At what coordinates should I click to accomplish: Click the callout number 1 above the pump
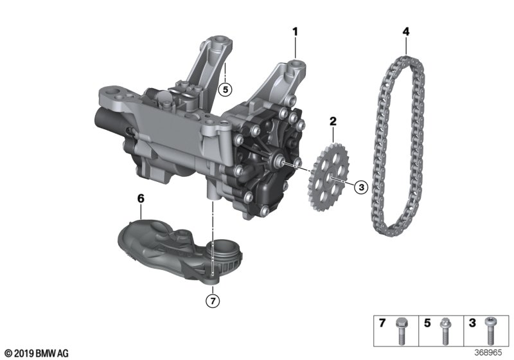tap(295, 32)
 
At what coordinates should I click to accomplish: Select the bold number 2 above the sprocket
tap(333, 122)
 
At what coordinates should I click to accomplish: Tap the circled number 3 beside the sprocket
tap(361, 187)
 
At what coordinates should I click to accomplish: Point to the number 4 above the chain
tap(406, 32)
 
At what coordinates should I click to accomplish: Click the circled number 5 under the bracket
tap(226, 89)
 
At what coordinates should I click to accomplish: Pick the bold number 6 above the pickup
tap(141, 199)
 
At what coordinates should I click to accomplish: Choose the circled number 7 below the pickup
tap(213, 301)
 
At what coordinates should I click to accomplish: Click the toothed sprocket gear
tap(328, 177)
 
